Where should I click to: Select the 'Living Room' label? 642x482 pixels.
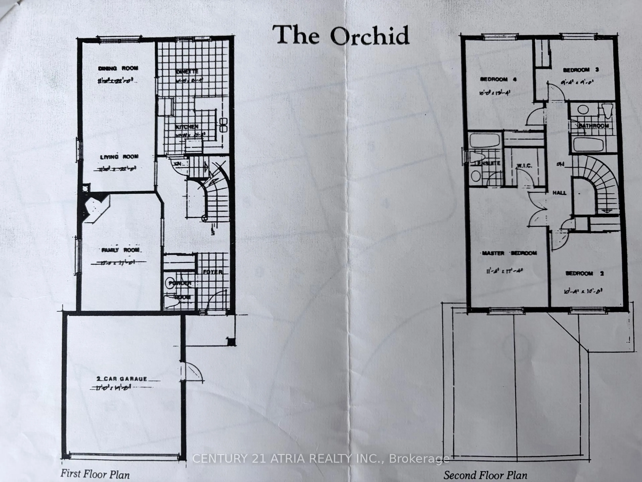pos(119,157)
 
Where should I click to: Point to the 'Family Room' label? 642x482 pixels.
pos(120,250)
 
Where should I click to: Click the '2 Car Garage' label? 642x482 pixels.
pos(122,379)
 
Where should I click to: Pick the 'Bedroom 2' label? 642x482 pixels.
pos(584,273)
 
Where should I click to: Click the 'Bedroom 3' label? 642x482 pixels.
pos(580,70)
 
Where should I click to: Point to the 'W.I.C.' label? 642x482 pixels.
pos(524,166)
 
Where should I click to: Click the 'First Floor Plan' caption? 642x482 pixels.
pos(95,474)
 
